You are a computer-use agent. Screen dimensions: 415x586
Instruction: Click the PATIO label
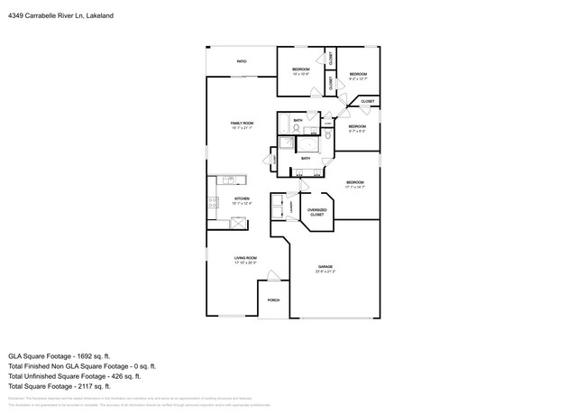pyautogui.click(x=242, y=61)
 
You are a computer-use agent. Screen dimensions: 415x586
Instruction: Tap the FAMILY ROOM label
pyautogui.click(x=242, y=123)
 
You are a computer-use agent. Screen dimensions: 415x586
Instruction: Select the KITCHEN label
pyautogui.click(x=242, y=198)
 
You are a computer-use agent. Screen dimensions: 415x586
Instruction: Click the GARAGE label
pyautogui.click(x=325, y=267)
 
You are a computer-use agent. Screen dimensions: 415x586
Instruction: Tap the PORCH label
pyautogui.click(x=273, y=300)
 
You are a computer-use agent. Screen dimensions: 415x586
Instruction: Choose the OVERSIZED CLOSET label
pyautogui.click(x=317, y=212)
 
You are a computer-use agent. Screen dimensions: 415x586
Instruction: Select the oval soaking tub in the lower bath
pyautogui.click(x=309, y=143)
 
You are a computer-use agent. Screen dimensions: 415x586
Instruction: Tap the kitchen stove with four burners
pyautogui.click(x=214, y=203)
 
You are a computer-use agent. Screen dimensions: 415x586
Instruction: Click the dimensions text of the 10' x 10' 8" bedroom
pyautogui.click(x=300, y=75)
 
